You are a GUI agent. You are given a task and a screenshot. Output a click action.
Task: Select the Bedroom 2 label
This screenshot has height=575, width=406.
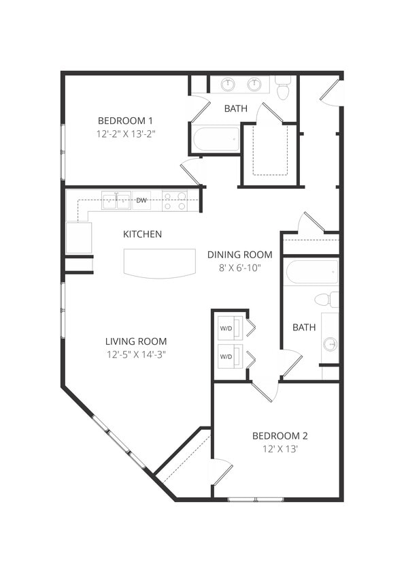pos(280,436)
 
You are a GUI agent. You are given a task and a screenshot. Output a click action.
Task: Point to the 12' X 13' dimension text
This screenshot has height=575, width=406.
pos(280,450)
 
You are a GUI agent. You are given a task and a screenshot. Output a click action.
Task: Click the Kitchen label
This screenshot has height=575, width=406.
pos(142,234)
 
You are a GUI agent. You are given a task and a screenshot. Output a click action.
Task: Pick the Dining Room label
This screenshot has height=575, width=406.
pos(239,255)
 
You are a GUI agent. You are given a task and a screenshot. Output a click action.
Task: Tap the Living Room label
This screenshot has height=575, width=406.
pos(136,341)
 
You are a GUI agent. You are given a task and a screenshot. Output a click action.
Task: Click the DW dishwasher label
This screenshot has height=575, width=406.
pos(141,200)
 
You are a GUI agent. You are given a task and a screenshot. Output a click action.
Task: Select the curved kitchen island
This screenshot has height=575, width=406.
pos(160,263)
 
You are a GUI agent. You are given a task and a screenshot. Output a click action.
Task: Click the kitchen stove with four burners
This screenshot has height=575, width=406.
pos(174,201)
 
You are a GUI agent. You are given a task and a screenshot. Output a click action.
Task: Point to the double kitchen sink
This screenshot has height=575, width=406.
pos(116,200)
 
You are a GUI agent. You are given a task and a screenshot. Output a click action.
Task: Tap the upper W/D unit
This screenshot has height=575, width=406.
pos(226,328)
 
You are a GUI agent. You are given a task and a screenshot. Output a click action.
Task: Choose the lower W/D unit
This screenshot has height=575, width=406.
pos(226,356)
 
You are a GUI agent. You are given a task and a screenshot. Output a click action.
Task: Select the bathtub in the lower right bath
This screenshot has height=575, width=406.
pos(311,272)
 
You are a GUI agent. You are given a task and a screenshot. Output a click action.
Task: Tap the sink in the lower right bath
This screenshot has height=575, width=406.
pos(331,344)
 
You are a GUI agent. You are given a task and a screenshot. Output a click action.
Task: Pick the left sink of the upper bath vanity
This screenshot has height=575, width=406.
pos(229,84)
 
